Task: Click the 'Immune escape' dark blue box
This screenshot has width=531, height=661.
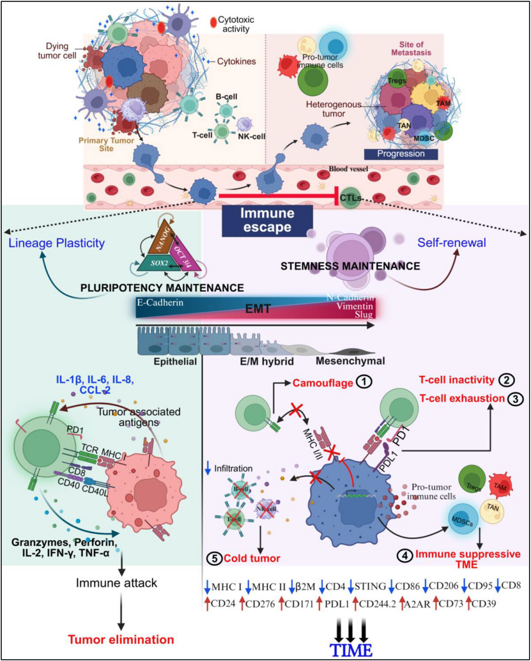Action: (x=267, y=220)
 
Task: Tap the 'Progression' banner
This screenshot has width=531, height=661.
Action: (x=400, y=154)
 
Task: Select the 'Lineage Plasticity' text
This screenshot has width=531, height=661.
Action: (x=57, y=243)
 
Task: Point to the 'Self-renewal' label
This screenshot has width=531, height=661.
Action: (x=451, y=242)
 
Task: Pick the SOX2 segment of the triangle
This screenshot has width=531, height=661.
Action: (x=160, y=263)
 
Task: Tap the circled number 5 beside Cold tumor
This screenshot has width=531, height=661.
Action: (x=215, y=558)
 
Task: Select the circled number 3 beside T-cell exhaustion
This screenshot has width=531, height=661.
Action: (x=516, y=399)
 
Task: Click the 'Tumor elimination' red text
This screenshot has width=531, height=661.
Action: (x=121, y=639)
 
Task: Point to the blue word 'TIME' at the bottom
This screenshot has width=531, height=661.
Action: (x=351, y=650)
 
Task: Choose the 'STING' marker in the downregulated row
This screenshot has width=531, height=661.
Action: (x=370, y=586)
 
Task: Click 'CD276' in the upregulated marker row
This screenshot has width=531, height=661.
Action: (x=260, y=603)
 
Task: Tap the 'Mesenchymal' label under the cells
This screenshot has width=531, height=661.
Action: (x=350, y=361)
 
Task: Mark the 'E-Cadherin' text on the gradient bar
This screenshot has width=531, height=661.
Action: (x=160, y=303)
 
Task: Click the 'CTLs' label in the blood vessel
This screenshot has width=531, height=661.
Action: (x=350, y=198)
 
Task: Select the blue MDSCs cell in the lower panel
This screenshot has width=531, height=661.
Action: (x=462, y=521)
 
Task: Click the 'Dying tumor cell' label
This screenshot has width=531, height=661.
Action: (x=57, y=51)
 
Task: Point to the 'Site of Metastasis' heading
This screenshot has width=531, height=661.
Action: (x=411, y=48)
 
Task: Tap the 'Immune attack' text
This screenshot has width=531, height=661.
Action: (x=116, y=583)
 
